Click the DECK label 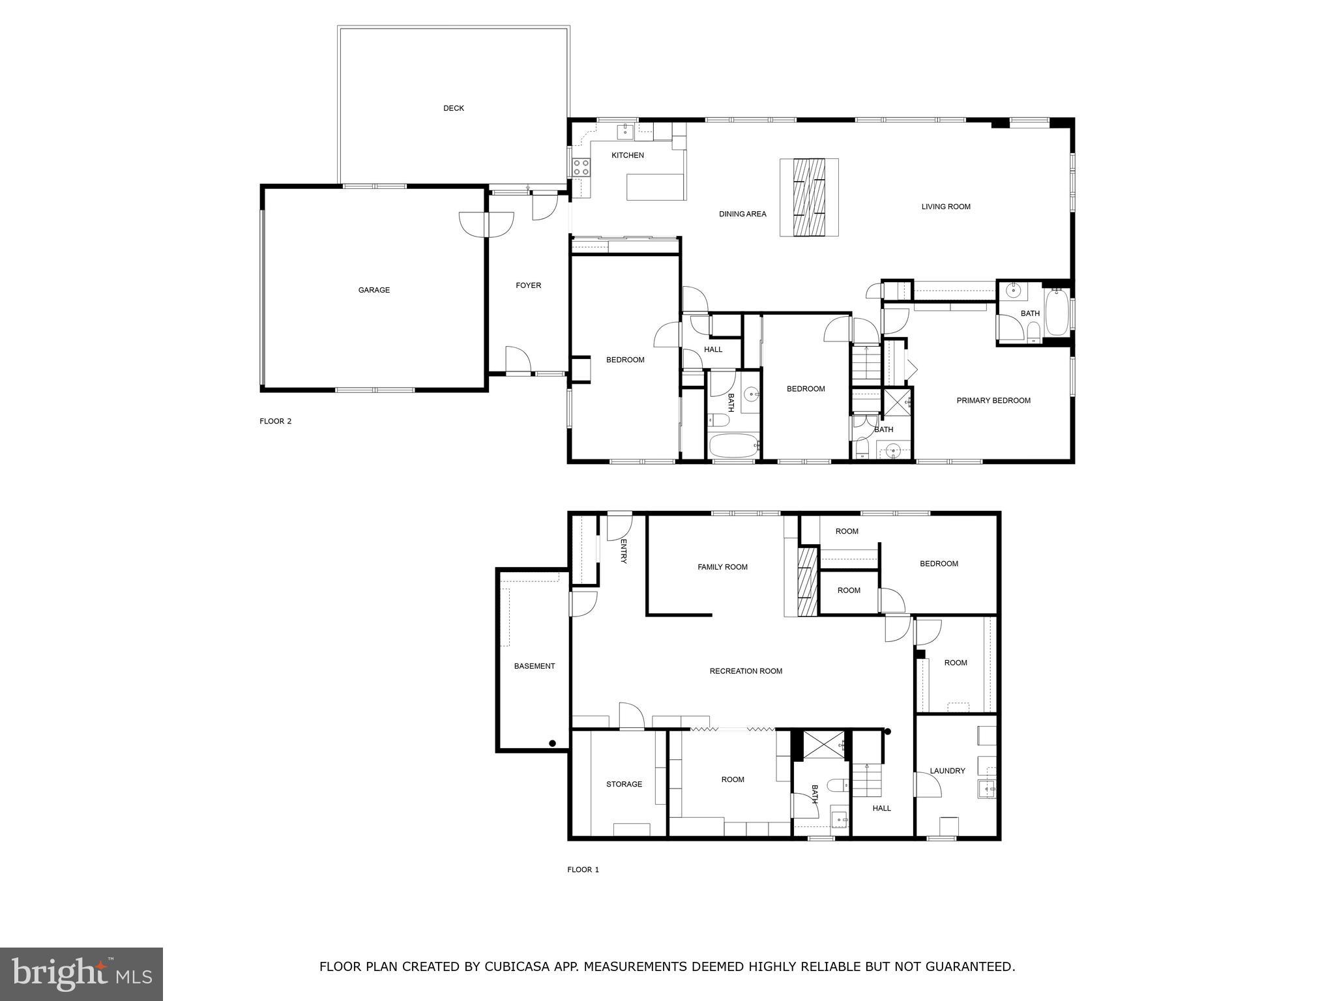(453, 108)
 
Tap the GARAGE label (374, 290)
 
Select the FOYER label (528, 285)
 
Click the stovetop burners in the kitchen (581, 167)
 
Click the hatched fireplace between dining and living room (809, 197)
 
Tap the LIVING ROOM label (945, 207)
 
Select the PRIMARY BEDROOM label (993, 401)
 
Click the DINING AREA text (742, 214)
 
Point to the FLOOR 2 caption (275, 421)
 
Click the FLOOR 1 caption (583, 869)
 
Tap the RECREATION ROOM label (746, 671)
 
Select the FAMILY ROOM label (722, 567)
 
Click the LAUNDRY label (946, 771)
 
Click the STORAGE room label (624, 784)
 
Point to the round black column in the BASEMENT (552, 743)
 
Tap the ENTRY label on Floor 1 (623, 551)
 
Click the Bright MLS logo (81, 974)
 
